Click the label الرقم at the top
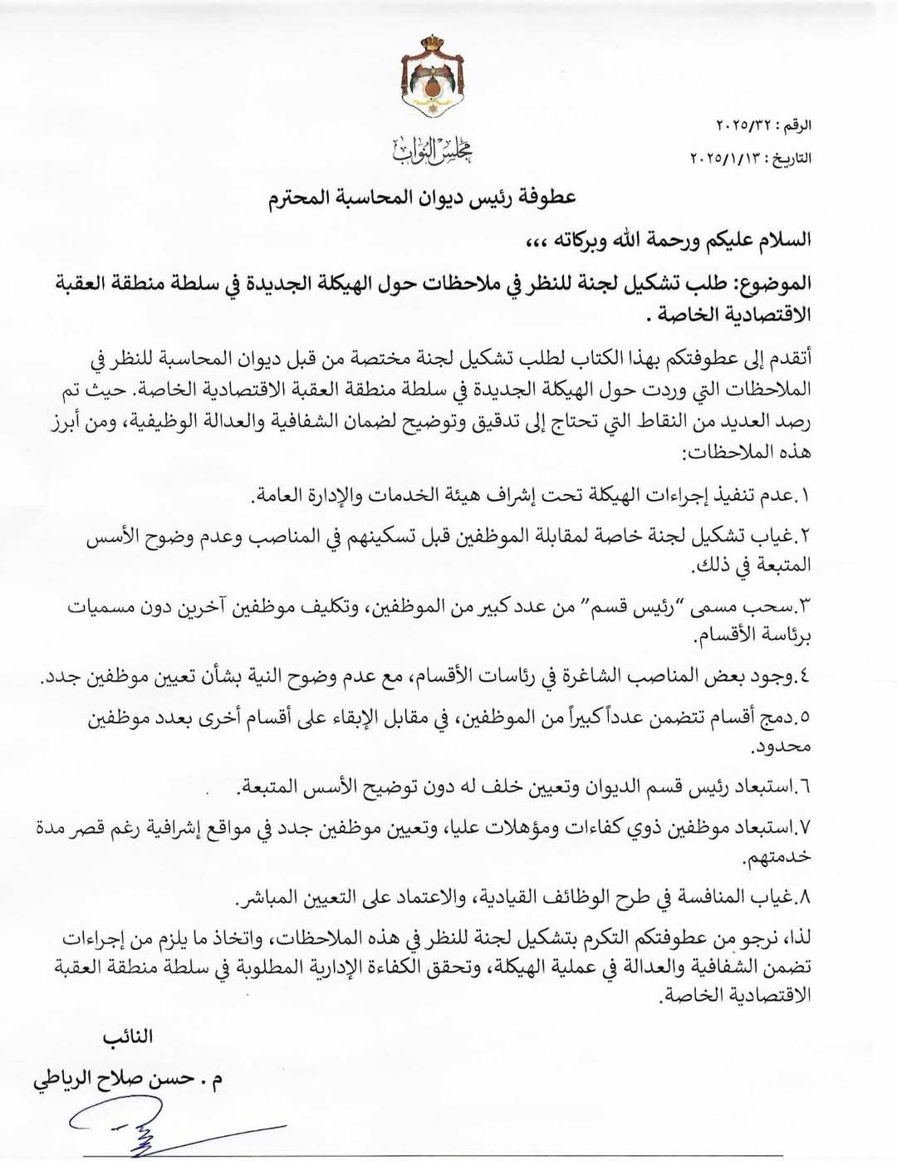792,127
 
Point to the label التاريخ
790,157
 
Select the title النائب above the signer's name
127,1037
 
